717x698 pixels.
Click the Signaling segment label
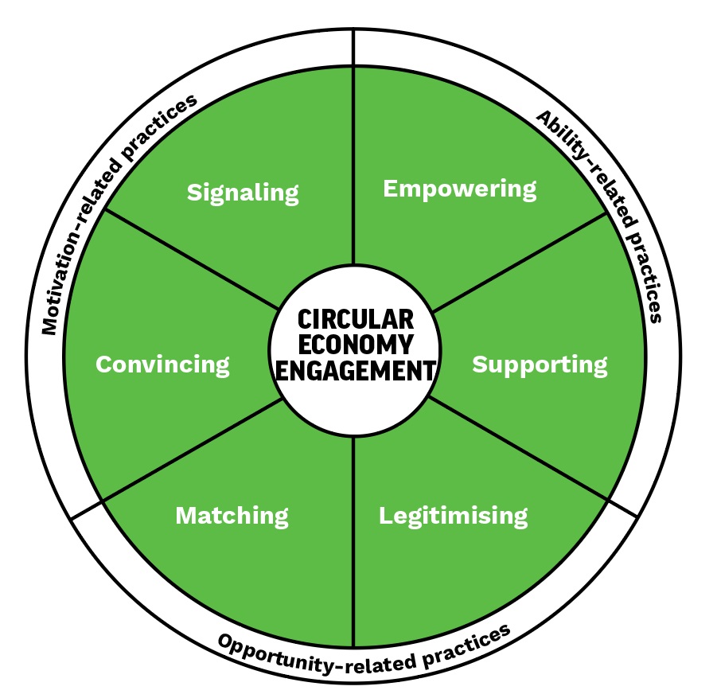243,193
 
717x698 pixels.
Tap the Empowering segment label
460,189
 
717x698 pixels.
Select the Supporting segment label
540,365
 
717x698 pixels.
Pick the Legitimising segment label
453,516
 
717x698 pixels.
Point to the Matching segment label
232,516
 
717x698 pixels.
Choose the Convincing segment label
162,365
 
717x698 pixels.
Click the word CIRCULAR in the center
355,320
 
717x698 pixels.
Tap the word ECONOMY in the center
355,345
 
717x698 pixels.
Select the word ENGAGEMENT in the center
355,370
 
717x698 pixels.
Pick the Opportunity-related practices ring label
363,649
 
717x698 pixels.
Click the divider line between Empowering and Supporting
517,263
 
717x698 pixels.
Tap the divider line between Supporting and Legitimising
517,450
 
